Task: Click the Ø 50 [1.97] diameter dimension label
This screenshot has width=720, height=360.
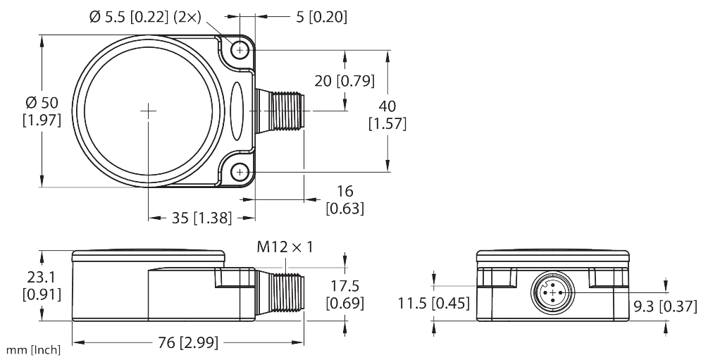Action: coord(42,113)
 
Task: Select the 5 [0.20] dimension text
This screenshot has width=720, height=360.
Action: coord(321,16)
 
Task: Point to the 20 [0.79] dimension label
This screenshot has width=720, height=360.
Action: coord(345,80)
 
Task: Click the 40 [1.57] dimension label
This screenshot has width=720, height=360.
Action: coord(387,115)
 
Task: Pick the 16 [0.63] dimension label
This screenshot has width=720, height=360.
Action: coord(345,199)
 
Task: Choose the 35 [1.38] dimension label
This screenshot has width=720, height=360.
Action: coord(201,218)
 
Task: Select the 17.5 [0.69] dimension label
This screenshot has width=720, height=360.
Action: coord(345,294)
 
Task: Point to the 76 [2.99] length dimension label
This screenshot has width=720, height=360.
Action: coord(186,343)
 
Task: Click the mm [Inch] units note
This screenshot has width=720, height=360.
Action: coord(33,350)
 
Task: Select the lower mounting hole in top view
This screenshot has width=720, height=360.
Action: coord(240,171)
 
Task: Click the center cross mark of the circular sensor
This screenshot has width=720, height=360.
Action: coord(149,110)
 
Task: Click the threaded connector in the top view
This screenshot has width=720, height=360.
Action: coord(279,111)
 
